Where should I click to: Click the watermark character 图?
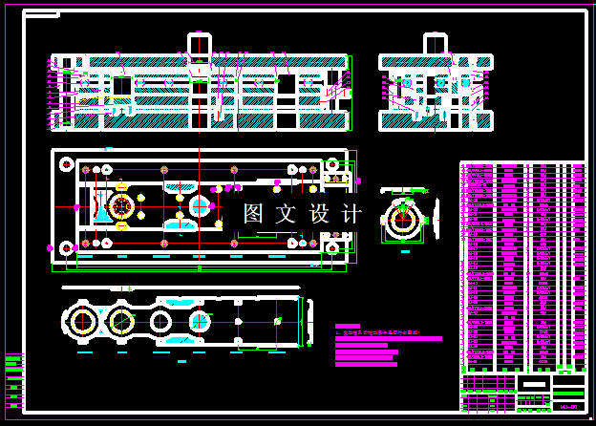253,214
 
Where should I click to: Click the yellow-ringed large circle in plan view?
121,206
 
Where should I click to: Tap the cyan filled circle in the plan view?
200,205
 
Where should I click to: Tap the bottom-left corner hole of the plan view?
66,248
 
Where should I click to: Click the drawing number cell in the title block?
568,407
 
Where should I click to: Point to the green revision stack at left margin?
13,376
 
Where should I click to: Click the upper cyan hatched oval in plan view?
181,187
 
